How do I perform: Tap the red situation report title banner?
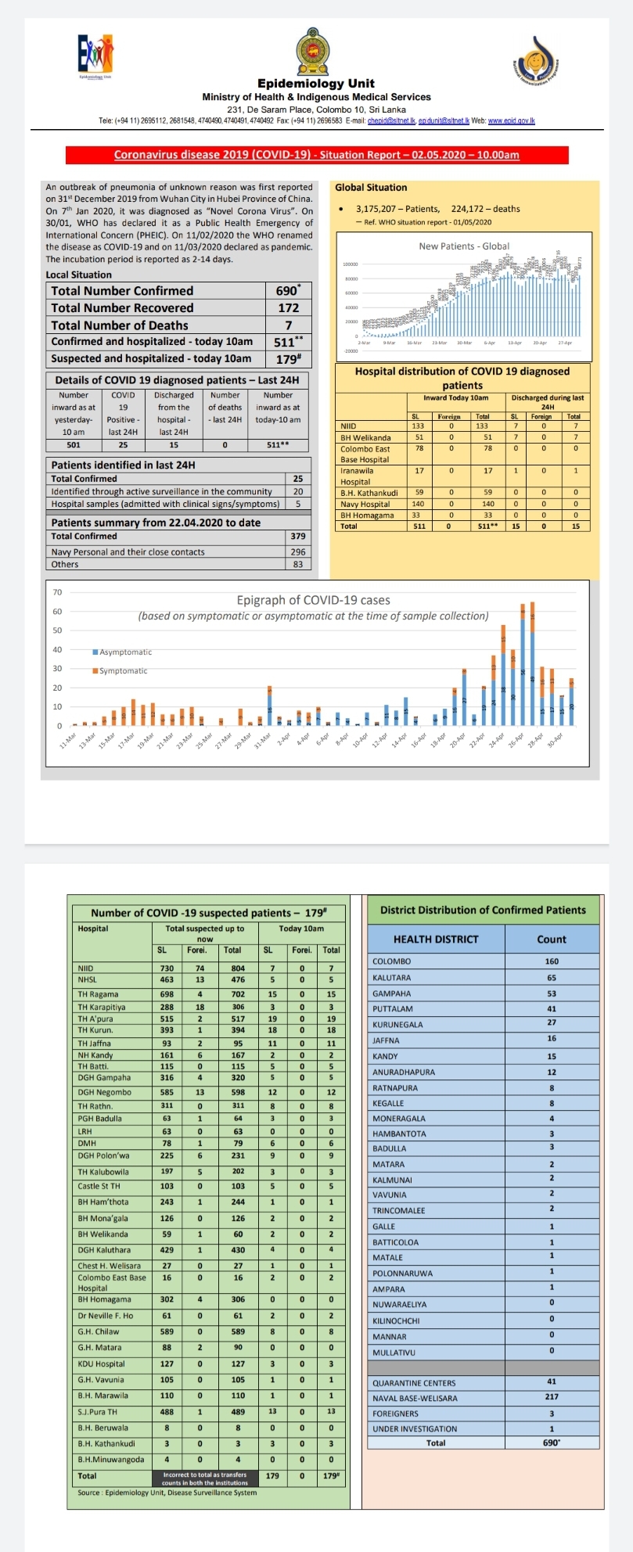316,155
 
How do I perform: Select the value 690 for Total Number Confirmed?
287,291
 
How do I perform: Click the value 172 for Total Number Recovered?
288,308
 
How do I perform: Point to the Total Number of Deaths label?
120,325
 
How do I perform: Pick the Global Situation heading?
371,188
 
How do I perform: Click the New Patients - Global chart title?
464,246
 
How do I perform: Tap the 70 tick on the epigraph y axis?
57,592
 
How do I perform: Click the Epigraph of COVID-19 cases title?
313,601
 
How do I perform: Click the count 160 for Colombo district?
551,961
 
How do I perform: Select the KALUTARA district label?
391,978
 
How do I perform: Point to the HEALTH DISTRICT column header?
435,939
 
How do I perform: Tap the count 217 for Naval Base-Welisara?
551,1398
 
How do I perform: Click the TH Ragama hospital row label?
98,994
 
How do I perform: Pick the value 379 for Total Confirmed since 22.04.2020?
297,537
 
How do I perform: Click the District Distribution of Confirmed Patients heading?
483,911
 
